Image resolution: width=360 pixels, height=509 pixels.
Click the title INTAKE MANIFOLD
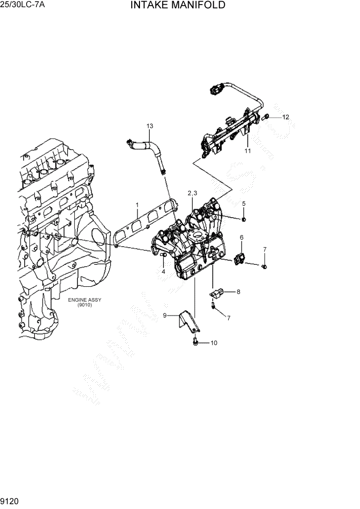pos(178,6)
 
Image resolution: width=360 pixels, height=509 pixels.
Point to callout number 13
pos(150,126)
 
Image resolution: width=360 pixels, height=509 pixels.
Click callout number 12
pos(286,117)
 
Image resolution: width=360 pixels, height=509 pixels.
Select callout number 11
pos(247,151)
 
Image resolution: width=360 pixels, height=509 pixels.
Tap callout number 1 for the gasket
pos(137,205)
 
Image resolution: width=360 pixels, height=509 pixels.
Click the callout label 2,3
pos(192,193)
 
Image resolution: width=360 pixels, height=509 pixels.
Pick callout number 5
pos(244,204)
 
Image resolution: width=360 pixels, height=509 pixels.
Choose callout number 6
pos(242,237)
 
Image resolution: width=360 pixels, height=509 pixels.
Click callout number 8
pos(238,292)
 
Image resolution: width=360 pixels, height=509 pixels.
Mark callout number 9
pos(165,316)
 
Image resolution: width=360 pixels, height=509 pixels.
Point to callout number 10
pos(214,342)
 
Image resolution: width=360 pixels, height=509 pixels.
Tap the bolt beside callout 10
pos(196,341)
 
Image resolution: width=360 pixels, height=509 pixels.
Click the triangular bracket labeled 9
pos(188,321)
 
